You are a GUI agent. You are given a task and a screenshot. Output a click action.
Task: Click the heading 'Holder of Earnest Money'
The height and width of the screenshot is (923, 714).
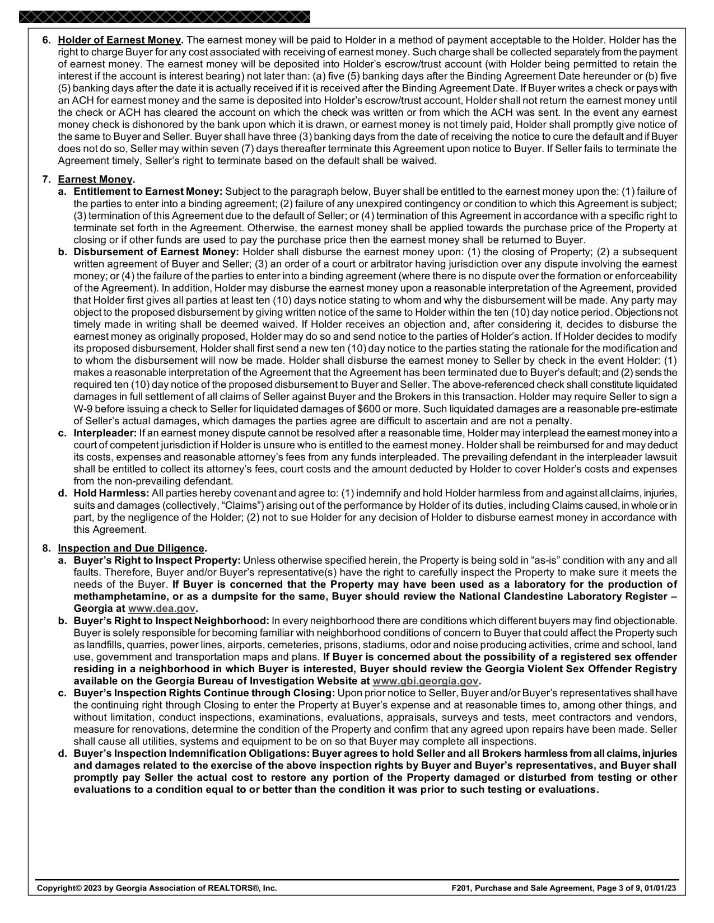pos(120,40)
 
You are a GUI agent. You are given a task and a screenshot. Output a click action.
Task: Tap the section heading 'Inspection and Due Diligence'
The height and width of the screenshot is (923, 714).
pos(131,549)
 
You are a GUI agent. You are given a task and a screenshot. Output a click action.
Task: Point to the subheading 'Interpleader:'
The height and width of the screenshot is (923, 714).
pos(105,433)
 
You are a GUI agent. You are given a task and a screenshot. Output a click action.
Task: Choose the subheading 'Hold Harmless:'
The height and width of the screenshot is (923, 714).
pos(111,493)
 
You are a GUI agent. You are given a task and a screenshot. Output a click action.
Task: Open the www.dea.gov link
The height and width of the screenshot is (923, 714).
pos(161,608)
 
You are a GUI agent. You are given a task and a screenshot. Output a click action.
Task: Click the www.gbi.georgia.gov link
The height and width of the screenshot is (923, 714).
pos(426,681)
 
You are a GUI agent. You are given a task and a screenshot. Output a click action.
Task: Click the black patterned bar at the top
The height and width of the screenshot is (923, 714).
pos(164,17)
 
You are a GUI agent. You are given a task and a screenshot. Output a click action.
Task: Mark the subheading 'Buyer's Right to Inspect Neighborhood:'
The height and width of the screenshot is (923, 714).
pos(171,621)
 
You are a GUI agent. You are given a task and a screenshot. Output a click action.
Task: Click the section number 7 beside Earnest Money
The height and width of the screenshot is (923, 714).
pos(45,180)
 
